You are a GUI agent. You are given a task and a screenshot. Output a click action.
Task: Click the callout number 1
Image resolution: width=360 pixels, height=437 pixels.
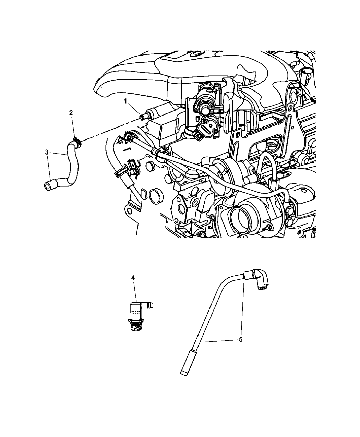125,101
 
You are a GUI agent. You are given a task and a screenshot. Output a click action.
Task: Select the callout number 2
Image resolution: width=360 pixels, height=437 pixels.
71,113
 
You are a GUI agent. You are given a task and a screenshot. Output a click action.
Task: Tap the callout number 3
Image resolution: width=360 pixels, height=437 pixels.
47,152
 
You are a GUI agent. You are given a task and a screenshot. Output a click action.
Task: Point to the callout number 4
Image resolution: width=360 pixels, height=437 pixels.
133,278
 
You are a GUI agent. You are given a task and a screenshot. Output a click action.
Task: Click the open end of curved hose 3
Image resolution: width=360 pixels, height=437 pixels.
47,186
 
